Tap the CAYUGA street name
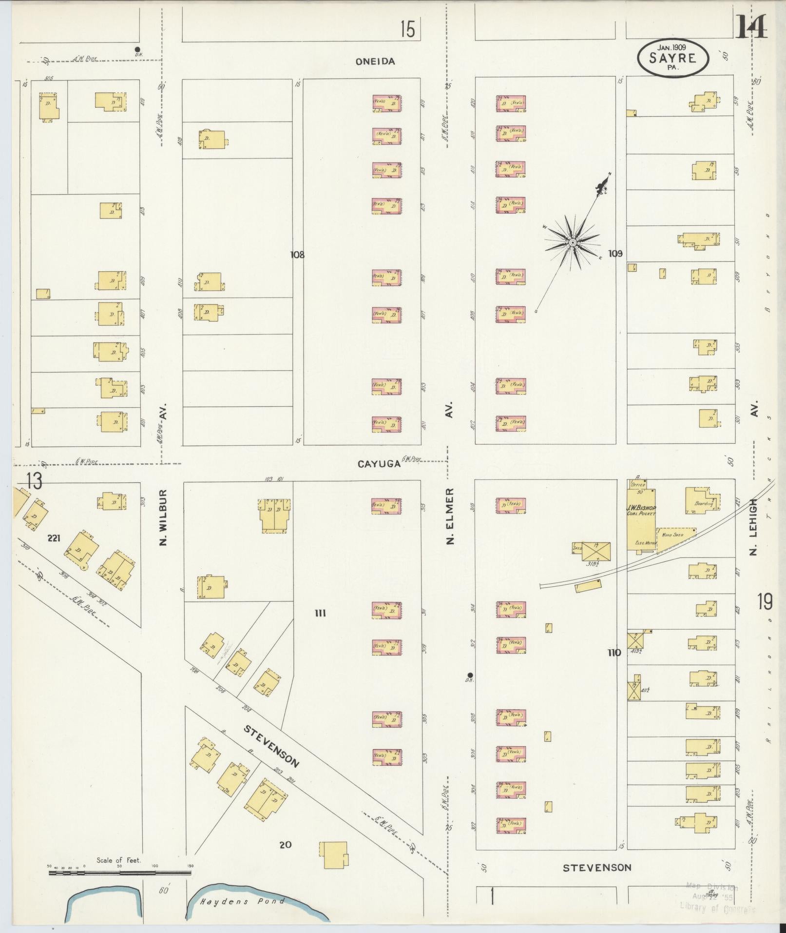pyautogui.click(x=379, y=464)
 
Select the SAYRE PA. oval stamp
pyautogui.click(x=672, y=58)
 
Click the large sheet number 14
pyautogui.click(x=751, y=27)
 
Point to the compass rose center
pyautogui.click(x=573, y=242)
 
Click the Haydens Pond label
pyautogui.click(x=242, y=901)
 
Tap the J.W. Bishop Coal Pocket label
pyautogui.click(x=641, y=510)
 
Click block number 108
pyautogui.click(x=297, y=255)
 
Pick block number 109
pyautogui.click(x=615, y=254)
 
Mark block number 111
pyautogui.click(x=320, y=613)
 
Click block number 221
pyautogui.click(x=54, y=538)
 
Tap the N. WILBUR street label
pyautogui.click(x=164, y=518)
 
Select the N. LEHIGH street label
pyautogui.click(x=754, y=527)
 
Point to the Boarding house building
pyautogui.click(x=702, y=500)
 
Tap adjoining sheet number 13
pyautogui.click(x=34, y=481)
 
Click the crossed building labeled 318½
pyautogui.click(x=596, y=551)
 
